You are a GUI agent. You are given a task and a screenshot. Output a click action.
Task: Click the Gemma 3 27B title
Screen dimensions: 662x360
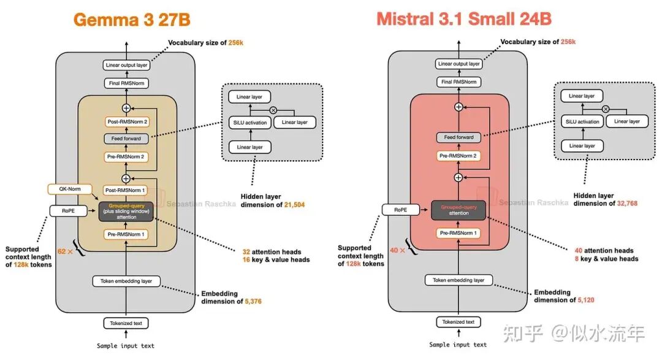pos(132,20)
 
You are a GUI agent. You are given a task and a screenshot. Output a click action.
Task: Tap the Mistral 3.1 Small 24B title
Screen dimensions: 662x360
pos(464,19)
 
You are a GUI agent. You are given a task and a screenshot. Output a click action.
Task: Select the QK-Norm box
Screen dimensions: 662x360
pos(70,189)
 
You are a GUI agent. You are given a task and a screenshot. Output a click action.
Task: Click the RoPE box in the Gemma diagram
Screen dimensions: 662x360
pos(68,210)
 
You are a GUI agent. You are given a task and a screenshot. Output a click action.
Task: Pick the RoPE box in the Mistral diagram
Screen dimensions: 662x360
pos(401,210)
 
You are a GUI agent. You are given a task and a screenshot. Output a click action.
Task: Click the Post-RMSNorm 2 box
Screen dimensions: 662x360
pos(127,121)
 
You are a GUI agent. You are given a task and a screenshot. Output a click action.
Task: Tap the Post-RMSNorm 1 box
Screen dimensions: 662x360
pos(125,190)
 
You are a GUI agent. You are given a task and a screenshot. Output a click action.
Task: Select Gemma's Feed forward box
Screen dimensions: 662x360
pos(126,139)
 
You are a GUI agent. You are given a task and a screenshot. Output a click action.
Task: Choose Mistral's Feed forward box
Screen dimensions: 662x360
pos(458,137)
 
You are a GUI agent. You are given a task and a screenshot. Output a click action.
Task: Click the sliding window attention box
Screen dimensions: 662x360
pos(126,211)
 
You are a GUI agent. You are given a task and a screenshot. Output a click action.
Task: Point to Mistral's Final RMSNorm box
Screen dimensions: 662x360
pos(458,82)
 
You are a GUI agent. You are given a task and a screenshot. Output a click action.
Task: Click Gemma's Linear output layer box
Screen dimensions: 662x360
pos(127,65)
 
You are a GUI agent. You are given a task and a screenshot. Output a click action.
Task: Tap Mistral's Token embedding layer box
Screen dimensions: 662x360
pos(458,280)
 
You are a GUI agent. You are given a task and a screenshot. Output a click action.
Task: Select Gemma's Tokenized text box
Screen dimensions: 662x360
pos(126,323)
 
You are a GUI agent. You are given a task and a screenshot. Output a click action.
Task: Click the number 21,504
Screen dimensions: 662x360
pos(294,204)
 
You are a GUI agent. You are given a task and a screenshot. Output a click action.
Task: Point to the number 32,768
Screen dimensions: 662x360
pos(627,203)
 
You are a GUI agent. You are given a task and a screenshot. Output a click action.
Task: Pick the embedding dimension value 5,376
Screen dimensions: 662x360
pos(253,301)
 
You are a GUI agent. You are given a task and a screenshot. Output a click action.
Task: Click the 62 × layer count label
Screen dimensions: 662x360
pos(65,251)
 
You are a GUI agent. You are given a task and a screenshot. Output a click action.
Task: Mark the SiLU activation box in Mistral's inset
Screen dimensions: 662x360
pos(582,121)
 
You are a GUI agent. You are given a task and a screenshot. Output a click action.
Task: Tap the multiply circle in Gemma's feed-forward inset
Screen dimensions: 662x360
pos(273,110)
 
